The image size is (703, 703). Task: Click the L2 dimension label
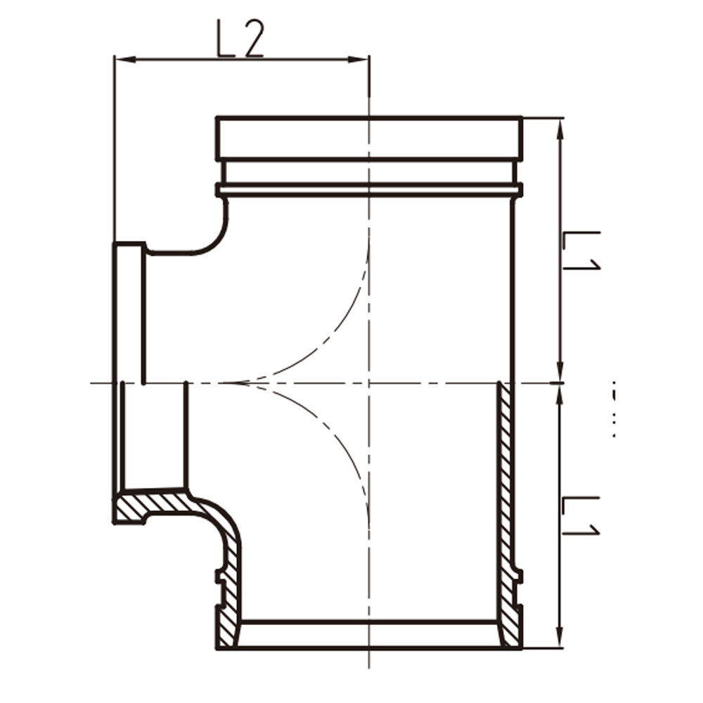[x=240, y=41]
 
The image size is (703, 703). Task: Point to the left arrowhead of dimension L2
[x=120, y=59]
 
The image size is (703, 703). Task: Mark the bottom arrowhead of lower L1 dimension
[x=560, y=641]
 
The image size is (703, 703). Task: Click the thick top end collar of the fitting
[x=368, y=138]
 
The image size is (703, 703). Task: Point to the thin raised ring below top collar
[x=368, y=189]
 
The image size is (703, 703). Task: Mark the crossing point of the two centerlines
[x=369, y=383]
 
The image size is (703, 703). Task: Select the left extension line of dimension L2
[x=114, y=148]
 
